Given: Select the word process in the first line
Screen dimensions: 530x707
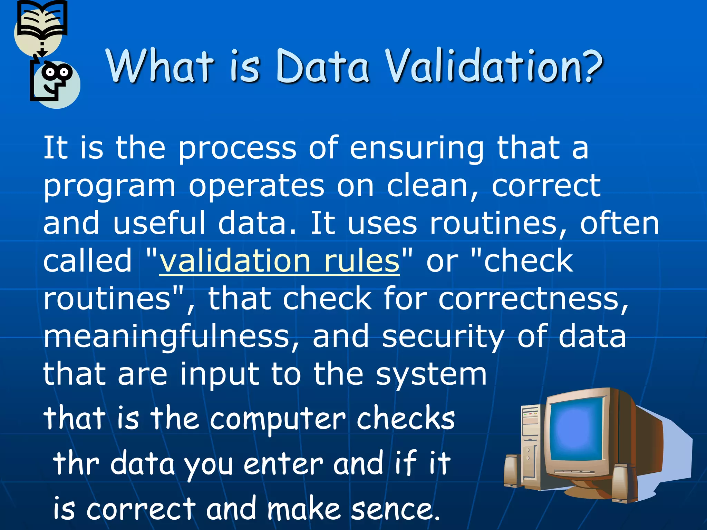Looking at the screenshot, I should click(x=237, y=148).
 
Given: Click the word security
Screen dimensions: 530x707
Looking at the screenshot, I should click(x=443, y=336).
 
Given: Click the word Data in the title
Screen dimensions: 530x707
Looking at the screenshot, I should click(x=323, y=66).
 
